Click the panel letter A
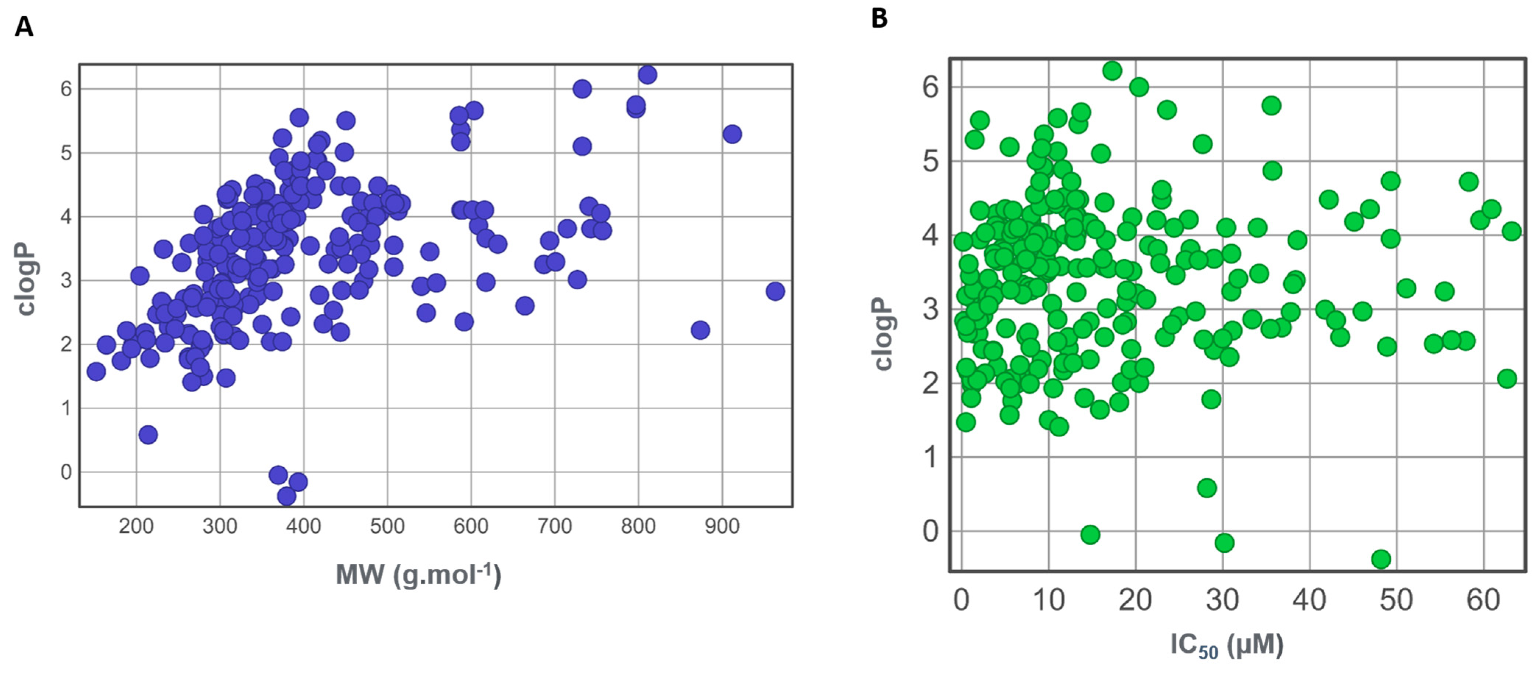pyautogui.click(x=24, y=27)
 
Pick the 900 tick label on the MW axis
pyautogui.click(x=722, y=526)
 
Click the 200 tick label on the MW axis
pyautogui.click(x=136, y=526)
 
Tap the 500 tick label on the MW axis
pyautogui.click(x=387, y=526)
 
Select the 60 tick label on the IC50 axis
pyautogui.click(x=1483, y=599)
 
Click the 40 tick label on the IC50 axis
pyautogui.click(x=1309, y=599)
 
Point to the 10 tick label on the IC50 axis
pyautogui.click(x=1048, y=599)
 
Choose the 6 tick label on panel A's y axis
pyautogui.click(x=66, y=89)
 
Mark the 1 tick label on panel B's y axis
pyautogui.click(x=930, y=457)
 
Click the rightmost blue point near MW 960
pyautogui.click(x=775, y=291)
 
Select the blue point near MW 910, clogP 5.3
pyautogui.click(x=732, y=134)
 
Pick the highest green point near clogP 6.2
pyautogui.click(x=1112, y=71)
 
